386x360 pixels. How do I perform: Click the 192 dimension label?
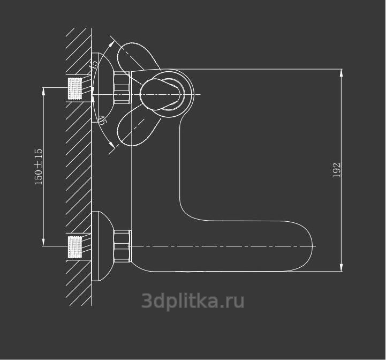[x=337, y=170]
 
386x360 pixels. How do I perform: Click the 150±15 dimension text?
[x=39, y=167]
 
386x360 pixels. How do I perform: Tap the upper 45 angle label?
[x=94, y=64]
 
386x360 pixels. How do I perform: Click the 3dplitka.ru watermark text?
[x=193, y=301]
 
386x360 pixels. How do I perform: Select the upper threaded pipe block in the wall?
[x=76, y=88]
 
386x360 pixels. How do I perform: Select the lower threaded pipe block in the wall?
[x=76, y=246]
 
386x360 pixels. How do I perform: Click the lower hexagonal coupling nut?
[x=122, y=246]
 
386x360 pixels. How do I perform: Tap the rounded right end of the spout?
[x=307, y=247]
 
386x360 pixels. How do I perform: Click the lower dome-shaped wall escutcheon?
[x=103, y=246]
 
